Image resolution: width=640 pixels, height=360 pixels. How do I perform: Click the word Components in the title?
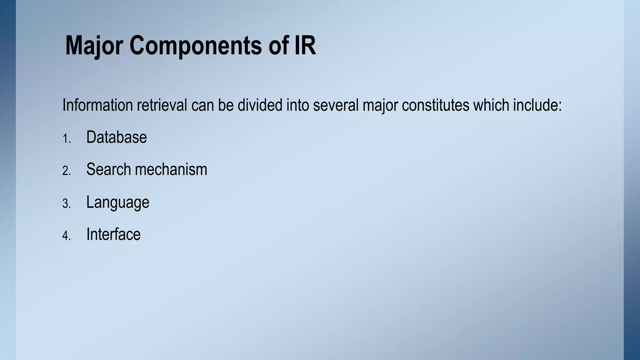(x=196, y=46)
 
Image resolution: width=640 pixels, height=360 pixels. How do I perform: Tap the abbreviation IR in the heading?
(x=305, y=46)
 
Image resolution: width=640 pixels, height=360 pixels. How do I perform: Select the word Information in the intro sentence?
(x=97, y=105)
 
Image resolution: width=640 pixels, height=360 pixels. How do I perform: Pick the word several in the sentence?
(x=336, y=105)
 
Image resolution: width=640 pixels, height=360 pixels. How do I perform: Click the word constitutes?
(x=435, y=105)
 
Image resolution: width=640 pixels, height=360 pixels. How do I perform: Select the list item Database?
(x=116, y=137)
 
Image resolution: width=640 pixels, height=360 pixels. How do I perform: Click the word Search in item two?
(x=108, y=170)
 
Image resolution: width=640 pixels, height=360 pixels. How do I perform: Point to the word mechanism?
(x=171, y=170)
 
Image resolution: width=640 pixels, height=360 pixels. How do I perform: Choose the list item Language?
(x=117, y=202)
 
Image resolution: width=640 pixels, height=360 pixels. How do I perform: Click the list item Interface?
(x=113, y=234)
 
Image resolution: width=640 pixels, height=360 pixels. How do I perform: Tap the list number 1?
(x=66, y=139)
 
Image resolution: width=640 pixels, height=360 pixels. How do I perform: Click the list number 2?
(x=66, y=171)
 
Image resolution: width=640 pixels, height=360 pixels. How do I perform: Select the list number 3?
(x=66, y=204)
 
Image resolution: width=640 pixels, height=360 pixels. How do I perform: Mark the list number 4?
(x=66, y=236)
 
